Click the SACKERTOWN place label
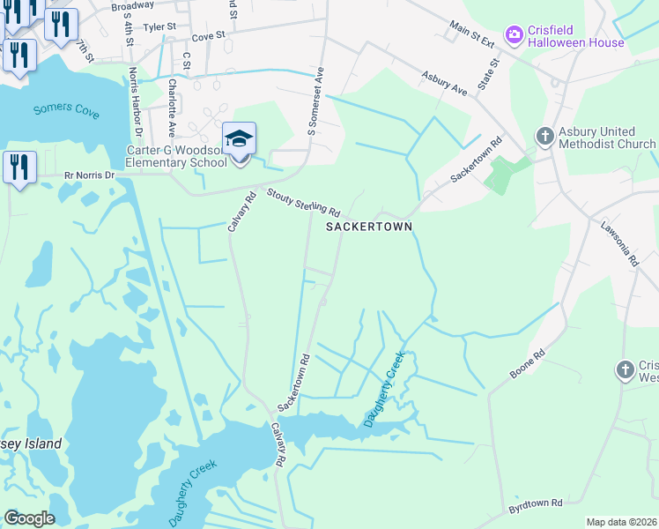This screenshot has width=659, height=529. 369,227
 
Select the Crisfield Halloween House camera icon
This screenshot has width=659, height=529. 513,34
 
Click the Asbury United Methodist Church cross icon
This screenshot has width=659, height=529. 544,137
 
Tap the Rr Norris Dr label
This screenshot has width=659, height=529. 90,175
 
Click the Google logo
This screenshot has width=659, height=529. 29,518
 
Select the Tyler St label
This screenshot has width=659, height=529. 160,27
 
